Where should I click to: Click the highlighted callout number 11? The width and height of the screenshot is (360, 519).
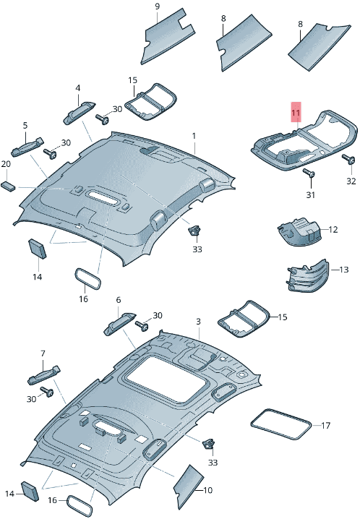click(295, 113)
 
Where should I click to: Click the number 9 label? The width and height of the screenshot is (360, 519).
click(157, 7)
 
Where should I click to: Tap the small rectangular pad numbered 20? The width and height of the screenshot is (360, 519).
click(8, 185)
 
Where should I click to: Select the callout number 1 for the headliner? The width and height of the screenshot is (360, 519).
click(194, 136)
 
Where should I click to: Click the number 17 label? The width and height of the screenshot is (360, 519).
click(326, 425)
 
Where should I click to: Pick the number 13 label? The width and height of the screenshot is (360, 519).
click(344, 270)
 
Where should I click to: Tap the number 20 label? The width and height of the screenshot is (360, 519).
click(6, 164)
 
